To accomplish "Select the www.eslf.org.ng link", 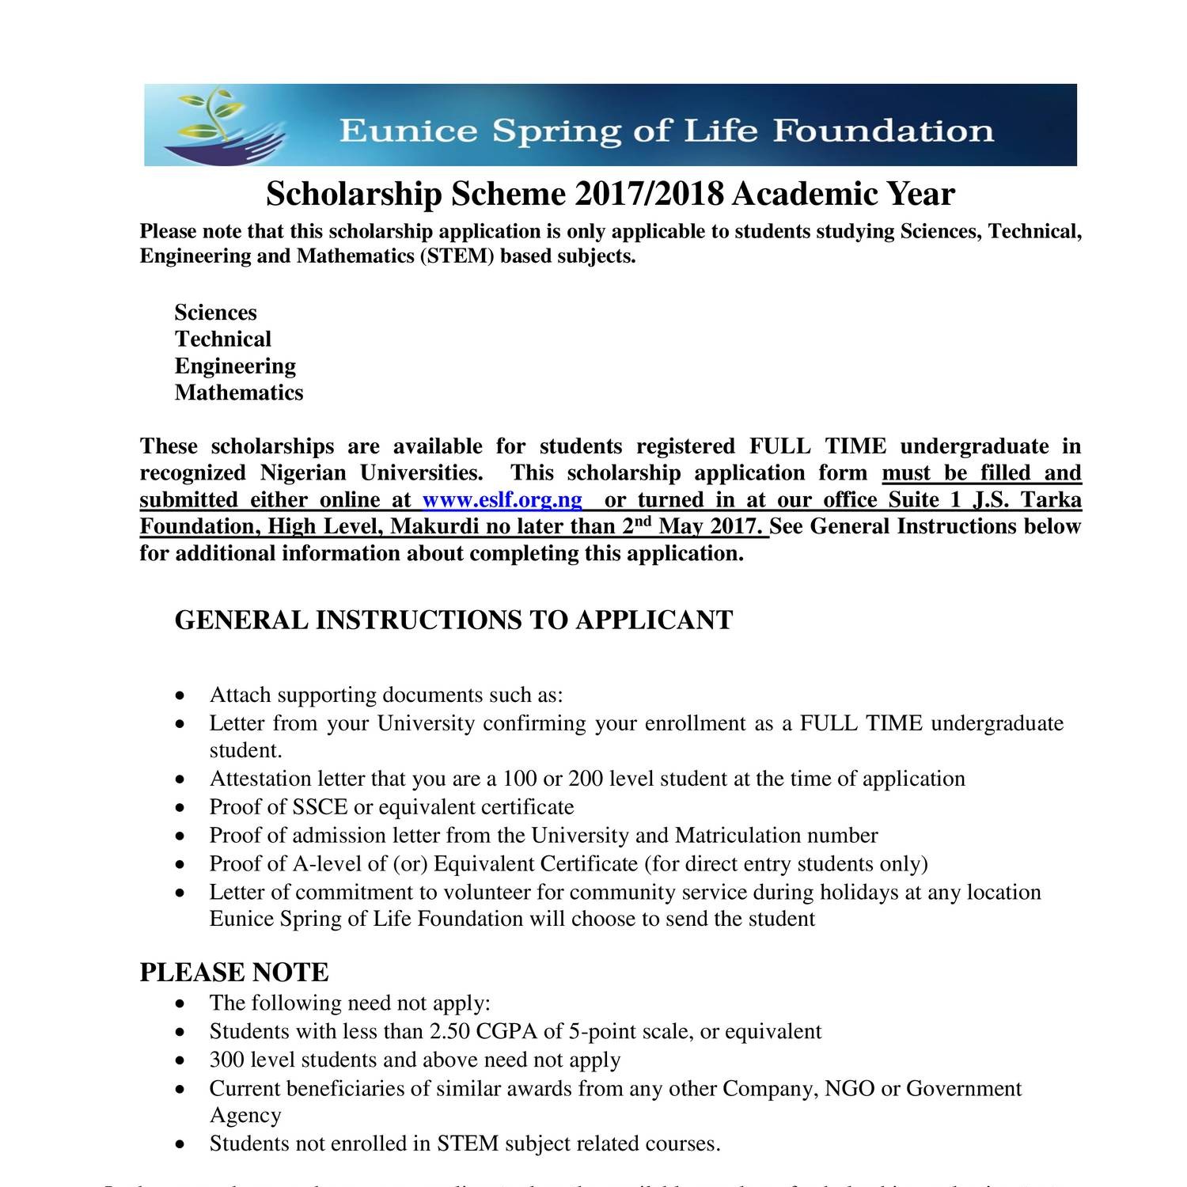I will point(502,500).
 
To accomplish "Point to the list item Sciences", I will point(215,313).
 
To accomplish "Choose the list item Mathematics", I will point(238,393).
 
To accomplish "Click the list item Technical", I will point(222,339).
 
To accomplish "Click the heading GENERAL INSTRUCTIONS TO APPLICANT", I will point(453,620).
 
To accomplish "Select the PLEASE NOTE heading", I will point(234,973).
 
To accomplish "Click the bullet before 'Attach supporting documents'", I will point(182,696).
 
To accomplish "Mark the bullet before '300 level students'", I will point(182,1061).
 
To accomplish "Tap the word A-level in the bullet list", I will point(328,864).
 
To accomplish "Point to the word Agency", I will point(245,1116).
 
